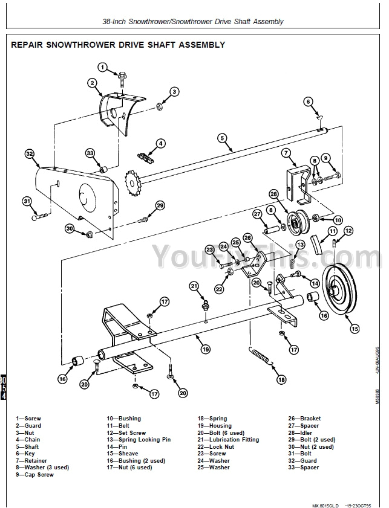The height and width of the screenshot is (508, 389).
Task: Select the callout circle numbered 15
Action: coord(355,329)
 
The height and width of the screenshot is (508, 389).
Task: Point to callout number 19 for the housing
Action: coord(206,349)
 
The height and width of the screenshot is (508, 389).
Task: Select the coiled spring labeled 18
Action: coord(261,356)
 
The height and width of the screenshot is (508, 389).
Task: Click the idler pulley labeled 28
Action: coord(296,226)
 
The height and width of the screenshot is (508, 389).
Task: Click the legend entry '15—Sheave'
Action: coord(122,454)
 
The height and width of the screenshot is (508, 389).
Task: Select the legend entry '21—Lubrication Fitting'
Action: coord(228,440)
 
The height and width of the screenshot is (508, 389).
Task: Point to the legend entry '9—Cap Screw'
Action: coord(34,475)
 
